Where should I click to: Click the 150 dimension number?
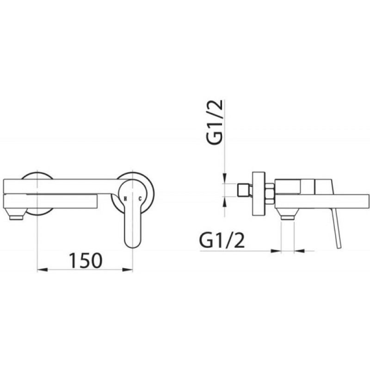click(86, 260)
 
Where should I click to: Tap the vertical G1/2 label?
click(215, 122)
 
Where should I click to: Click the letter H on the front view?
click(125, 199)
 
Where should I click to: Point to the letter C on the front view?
click(140, 199)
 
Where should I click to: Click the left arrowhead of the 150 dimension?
click(43, 270)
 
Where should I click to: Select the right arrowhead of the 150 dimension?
click(128, 270)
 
